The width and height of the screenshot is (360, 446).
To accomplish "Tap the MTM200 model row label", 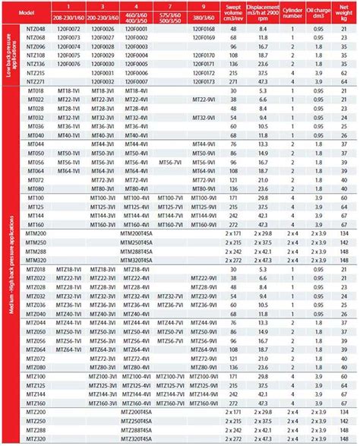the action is point(35,231).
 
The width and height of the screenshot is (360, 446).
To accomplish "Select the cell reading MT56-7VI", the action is point(169,162).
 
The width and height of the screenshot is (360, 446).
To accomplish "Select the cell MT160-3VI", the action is point(103,224).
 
